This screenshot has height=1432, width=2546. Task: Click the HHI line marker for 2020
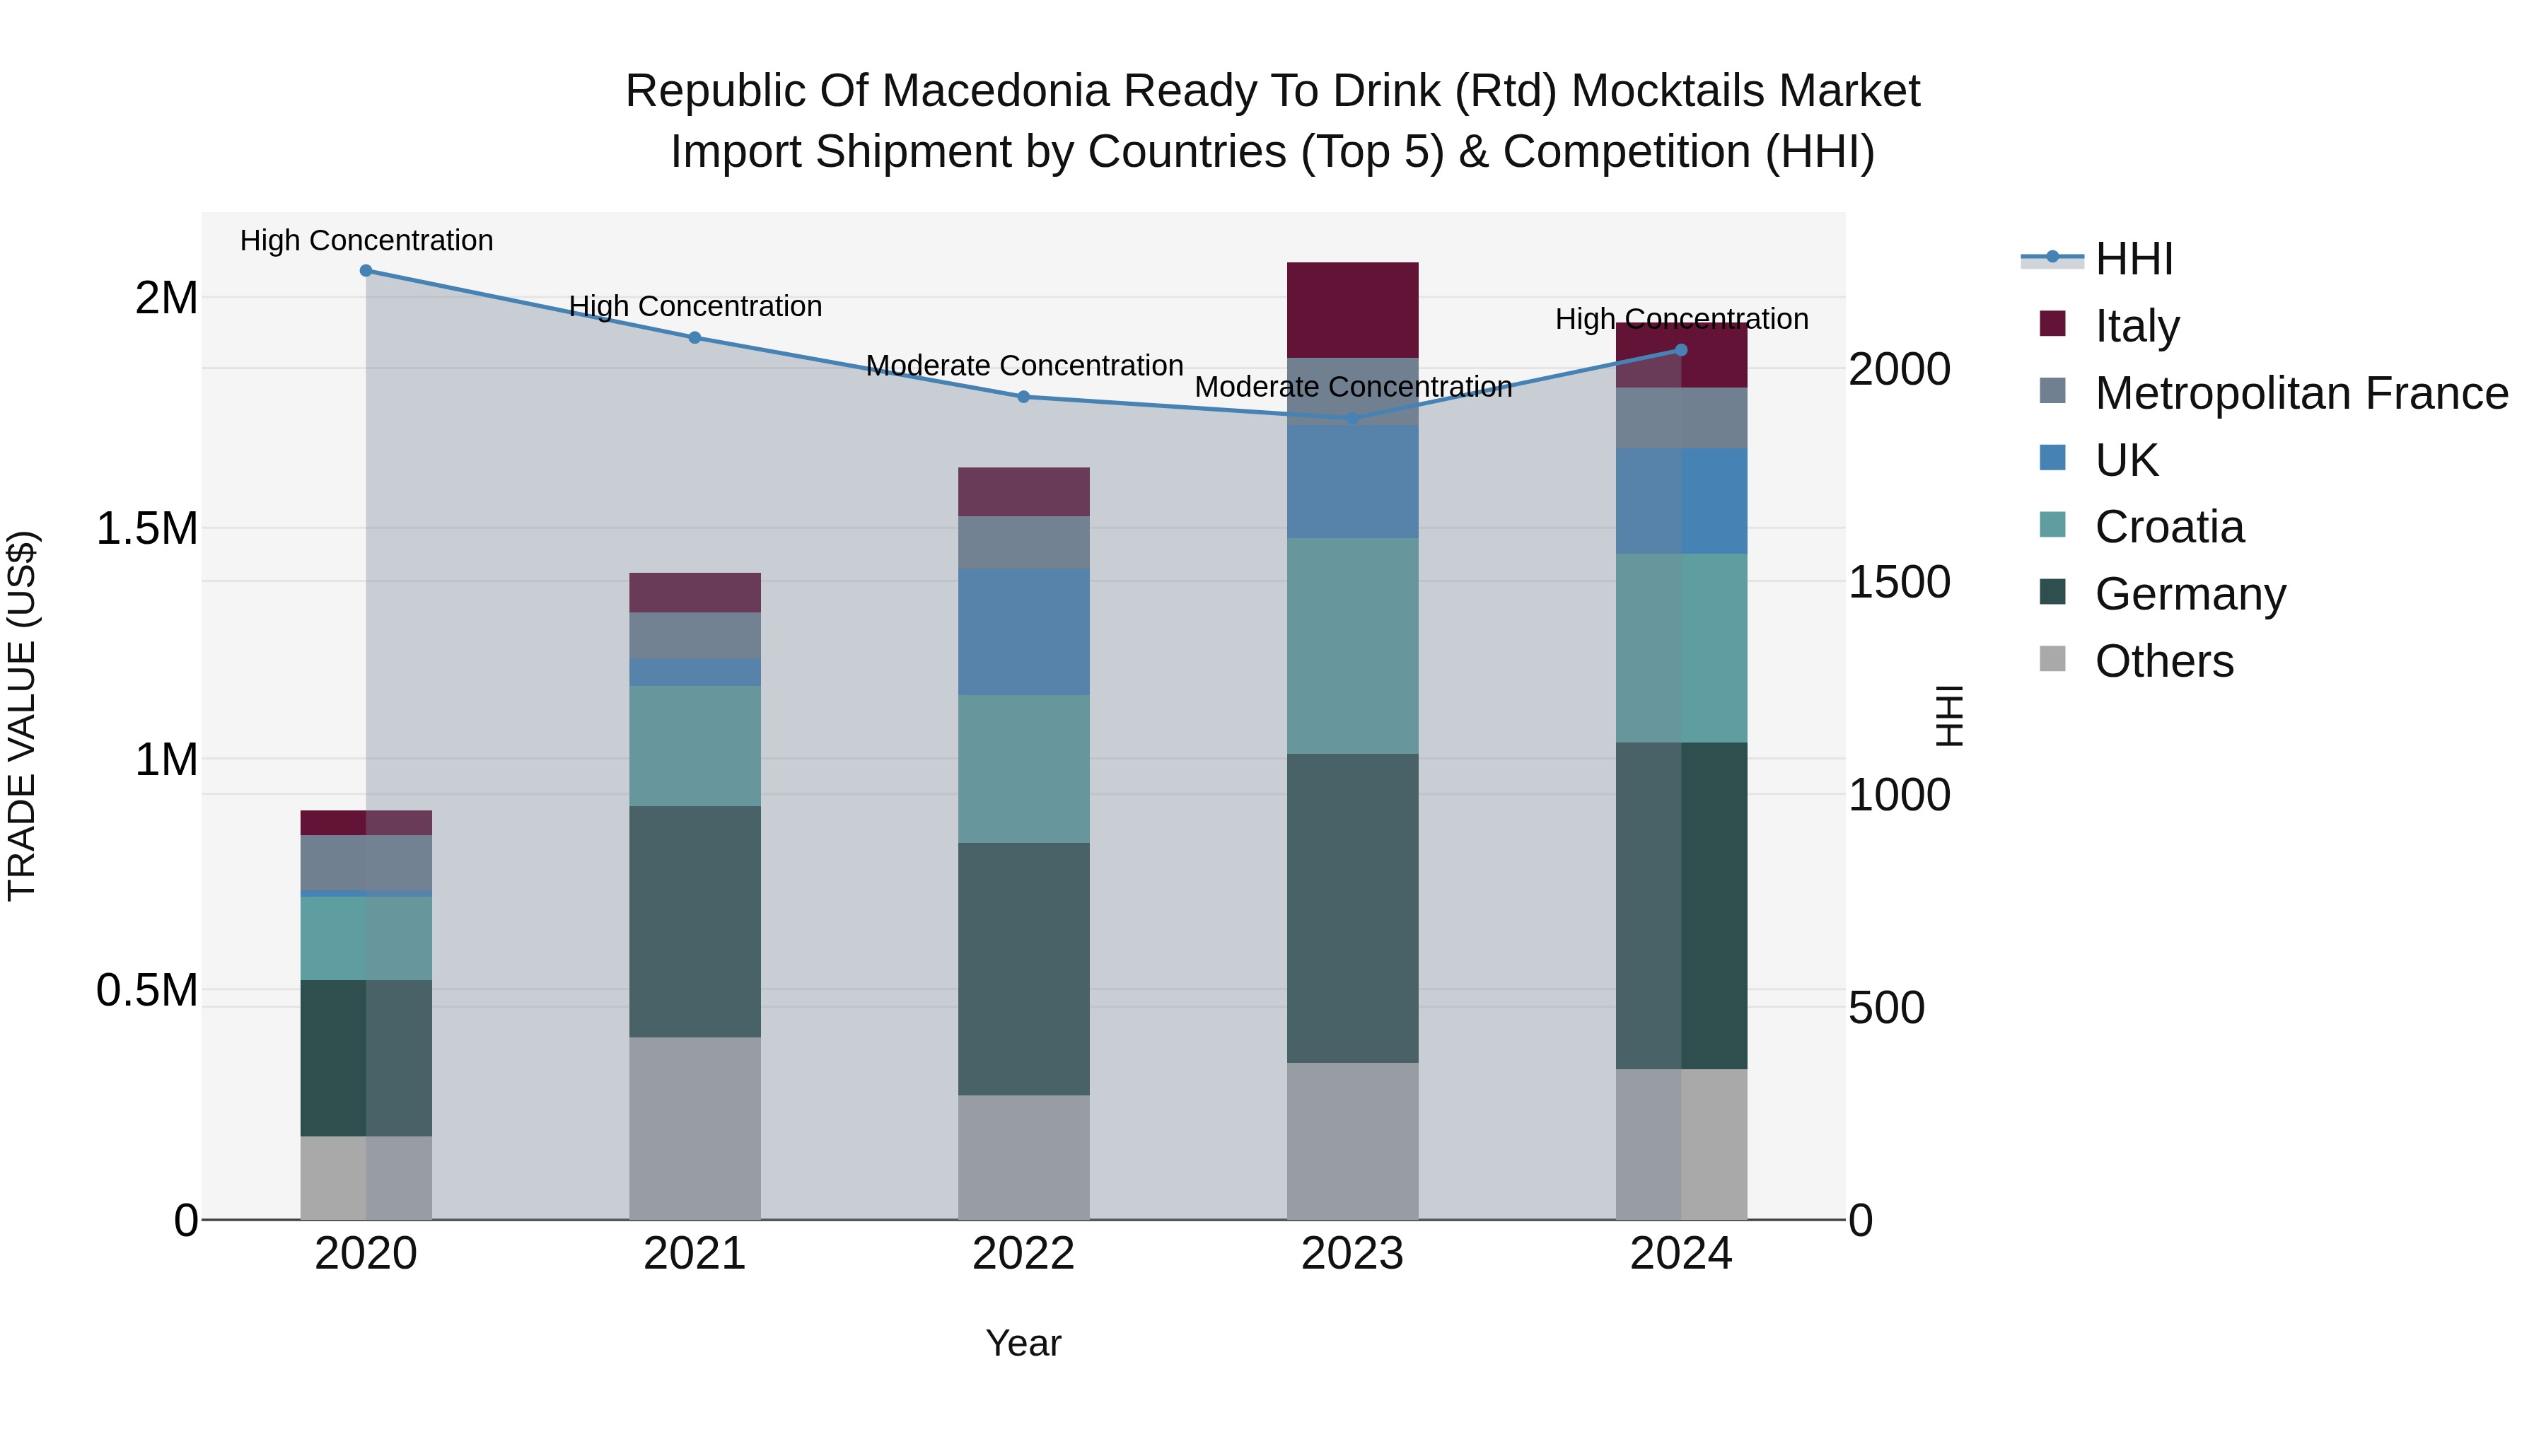pyautogui.click(x=366, y=271)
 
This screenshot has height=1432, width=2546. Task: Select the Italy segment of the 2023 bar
pyautogui.click(x=1352, y=309)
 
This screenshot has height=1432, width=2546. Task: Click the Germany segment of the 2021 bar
pyautogui.click(x=694, y=921)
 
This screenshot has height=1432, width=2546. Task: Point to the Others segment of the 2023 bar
pyautogui.click(x=1352, y=1141)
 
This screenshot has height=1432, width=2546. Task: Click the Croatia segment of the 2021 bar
pyautogui.click(x=694, y=745)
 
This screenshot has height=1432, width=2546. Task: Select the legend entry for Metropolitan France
pyautogui.click(x=2301, y=393)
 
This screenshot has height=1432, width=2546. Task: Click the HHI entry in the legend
pyautogui.click(x=2134, y=259)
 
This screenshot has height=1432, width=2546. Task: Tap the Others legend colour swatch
pyautogui.click(x=2053, y=659)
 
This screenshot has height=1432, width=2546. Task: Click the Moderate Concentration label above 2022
pyautogui.click(x=1024, y=366)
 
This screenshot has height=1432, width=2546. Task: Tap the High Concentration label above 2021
pyautogui.click(x=694, y=306)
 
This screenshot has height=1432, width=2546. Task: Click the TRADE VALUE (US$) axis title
pyautogui.click(x=22, y=716)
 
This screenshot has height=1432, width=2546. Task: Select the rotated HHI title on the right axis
pyautogui.click(x=1948, y=716)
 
